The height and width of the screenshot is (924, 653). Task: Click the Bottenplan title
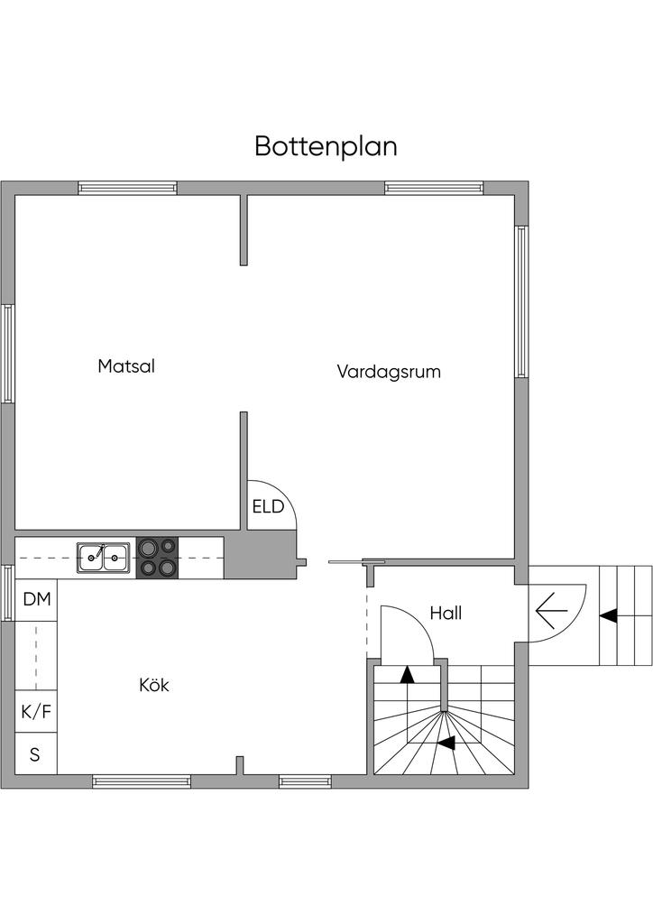326,146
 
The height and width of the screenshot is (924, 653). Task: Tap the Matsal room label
127,367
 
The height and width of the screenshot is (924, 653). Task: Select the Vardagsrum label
389,371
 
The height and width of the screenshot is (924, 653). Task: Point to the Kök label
154,686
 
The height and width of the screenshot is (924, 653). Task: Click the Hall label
446,614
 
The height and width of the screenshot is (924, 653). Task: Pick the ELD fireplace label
268,507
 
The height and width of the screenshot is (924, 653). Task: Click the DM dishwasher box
36,598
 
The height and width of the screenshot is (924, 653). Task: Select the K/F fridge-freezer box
36,712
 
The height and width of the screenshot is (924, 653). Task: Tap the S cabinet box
35,754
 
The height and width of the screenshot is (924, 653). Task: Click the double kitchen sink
101,558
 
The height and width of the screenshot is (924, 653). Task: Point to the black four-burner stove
157,558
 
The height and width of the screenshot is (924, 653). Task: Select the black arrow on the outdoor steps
609,615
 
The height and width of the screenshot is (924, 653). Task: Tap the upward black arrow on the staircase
408,672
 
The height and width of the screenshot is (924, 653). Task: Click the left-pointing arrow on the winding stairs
446,743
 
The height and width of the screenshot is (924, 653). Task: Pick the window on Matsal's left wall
7,353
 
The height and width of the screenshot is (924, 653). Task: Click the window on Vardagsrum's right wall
521,301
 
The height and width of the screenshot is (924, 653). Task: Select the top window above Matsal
127,188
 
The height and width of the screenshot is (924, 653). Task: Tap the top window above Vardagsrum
435,188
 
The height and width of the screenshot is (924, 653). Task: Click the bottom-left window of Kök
142,781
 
